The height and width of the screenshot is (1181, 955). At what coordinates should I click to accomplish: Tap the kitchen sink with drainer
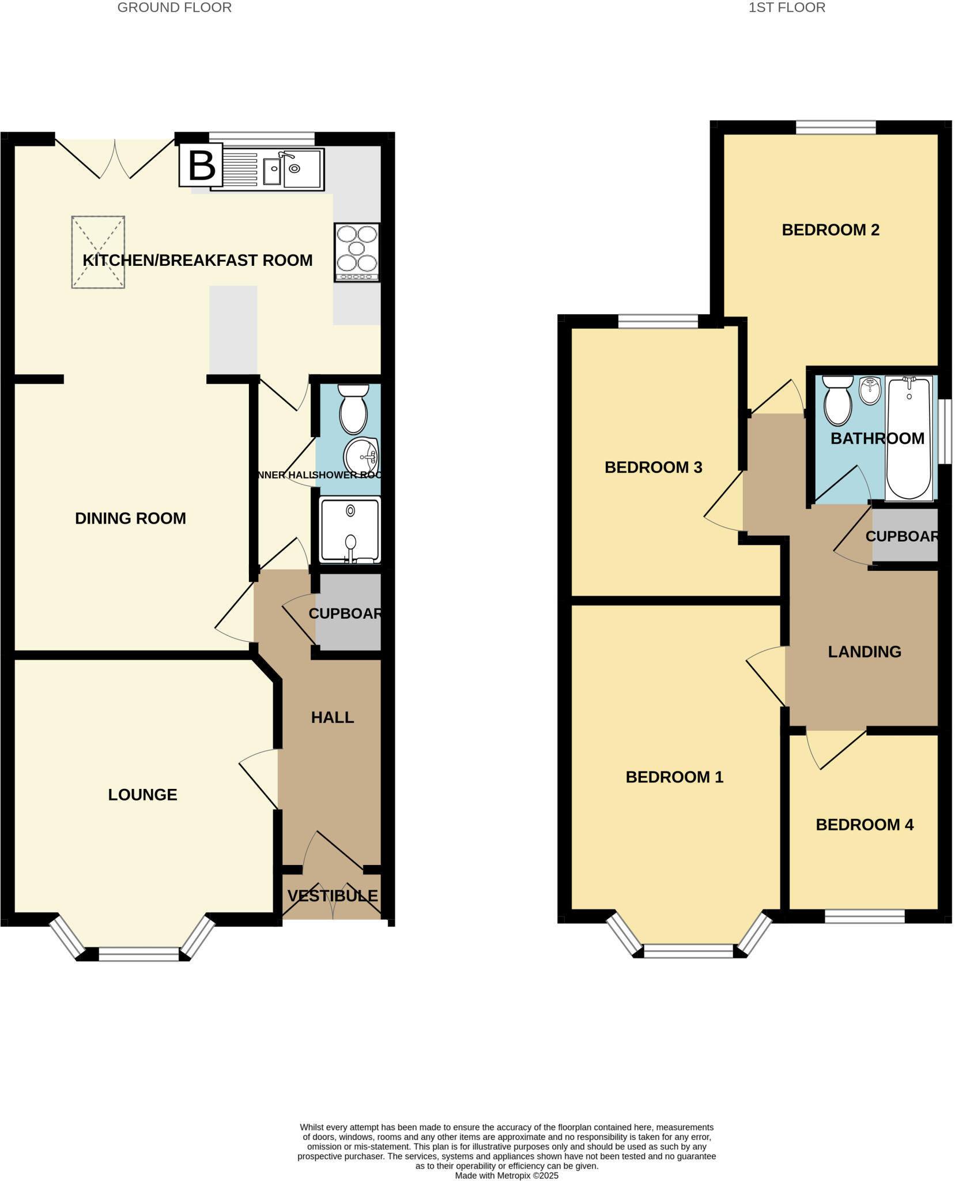[x=267, y=169]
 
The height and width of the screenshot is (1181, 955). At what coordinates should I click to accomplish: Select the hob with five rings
[x=357, y=252]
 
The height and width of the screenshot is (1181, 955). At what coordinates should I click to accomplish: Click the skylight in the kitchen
[x=98, y=252]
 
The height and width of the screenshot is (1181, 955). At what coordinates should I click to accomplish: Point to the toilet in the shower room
[x=353, y=409]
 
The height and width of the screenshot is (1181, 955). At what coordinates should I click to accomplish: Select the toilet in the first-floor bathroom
[x=837, y=400]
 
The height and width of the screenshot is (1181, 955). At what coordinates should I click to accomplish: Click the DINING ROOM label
[x=130, y=518]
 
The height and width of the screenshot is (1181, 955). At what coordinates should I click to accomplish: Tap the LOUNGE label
[x=142, y=795]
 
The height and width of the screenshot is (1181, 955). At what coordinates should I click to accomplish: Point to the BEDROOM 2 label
[x=830, y=230]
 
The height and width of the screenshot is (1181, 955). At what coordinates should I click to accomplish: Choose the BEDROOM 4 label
[x=864, y=825]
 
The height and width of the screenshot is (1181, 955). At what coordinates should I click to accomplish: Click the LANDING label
[x=864, y=652]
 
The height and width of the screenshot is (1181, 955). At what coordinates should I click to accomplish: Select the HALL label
[x=332, y=717]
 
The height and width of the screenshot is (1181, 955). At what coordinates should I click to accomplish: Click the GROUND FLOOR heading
[x=174, y=7]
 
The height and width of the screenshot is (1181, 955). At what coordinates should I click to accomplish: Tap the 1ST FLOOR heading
[x=786, y=7]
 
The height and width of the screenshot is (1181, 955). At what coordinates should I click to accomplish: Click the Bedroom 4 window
[x=865, y=915]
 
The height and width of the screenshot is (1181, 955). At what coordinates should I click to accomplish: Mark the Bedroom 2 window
[x=836, y=127]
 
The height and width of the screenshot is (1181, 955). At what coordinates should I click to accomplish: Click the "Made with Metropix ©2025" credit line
[x=507, y=1175]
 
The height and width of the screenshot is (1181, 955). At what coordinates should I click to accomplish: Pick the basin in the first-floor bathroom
[x=870, y=391]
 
